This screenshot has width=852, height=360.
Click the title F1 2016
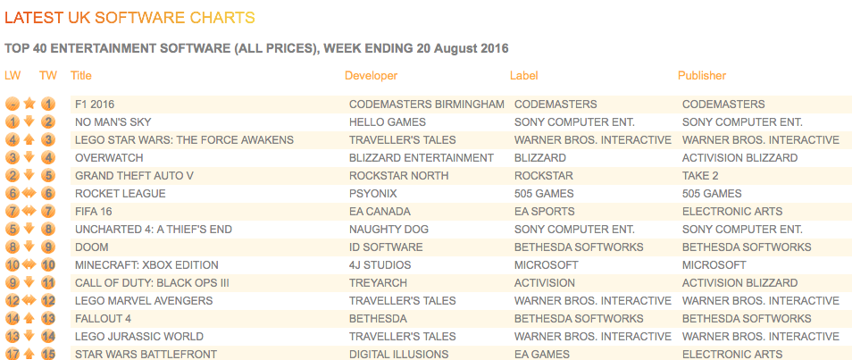click(95, 105)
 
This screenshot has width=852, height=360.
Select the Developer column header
click(372, 76)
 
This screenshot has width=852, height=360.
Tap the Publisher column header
click(702, 76)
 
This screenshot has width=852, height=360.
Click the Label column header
click(524, 76)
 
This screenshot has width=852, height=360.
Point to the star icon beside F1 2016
click(29, 104)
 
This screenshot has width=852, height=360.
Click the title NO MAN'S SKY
click(113, 122)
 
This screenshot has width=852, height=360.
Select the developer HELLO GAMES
click(388, 122)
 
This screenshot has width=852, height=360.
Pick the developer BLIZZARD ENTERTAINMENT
click(422, 158)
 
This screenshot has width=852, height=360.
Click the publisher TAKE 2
click(700, 176)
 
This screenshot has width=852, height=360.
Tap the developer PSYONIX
click(373, 194)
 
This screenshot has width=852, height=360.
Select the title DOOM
click(92, 247)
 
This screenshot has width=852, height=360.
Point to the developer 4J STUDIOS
click(380, 265)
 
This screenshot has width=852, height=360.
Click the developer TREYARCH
click(378, 283)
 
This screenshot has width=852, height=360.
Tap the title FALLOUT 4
click(104, 319)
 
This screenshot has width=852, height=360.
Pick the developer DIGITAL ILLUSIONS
click(399, 355)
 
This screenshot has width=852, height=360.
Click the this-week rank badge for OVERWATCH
click(48, 158)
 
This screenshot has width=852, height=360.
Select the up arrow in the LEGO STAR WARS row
click(29, 139)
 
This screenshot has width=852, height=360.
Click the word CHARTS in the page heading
click(222, 18)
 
